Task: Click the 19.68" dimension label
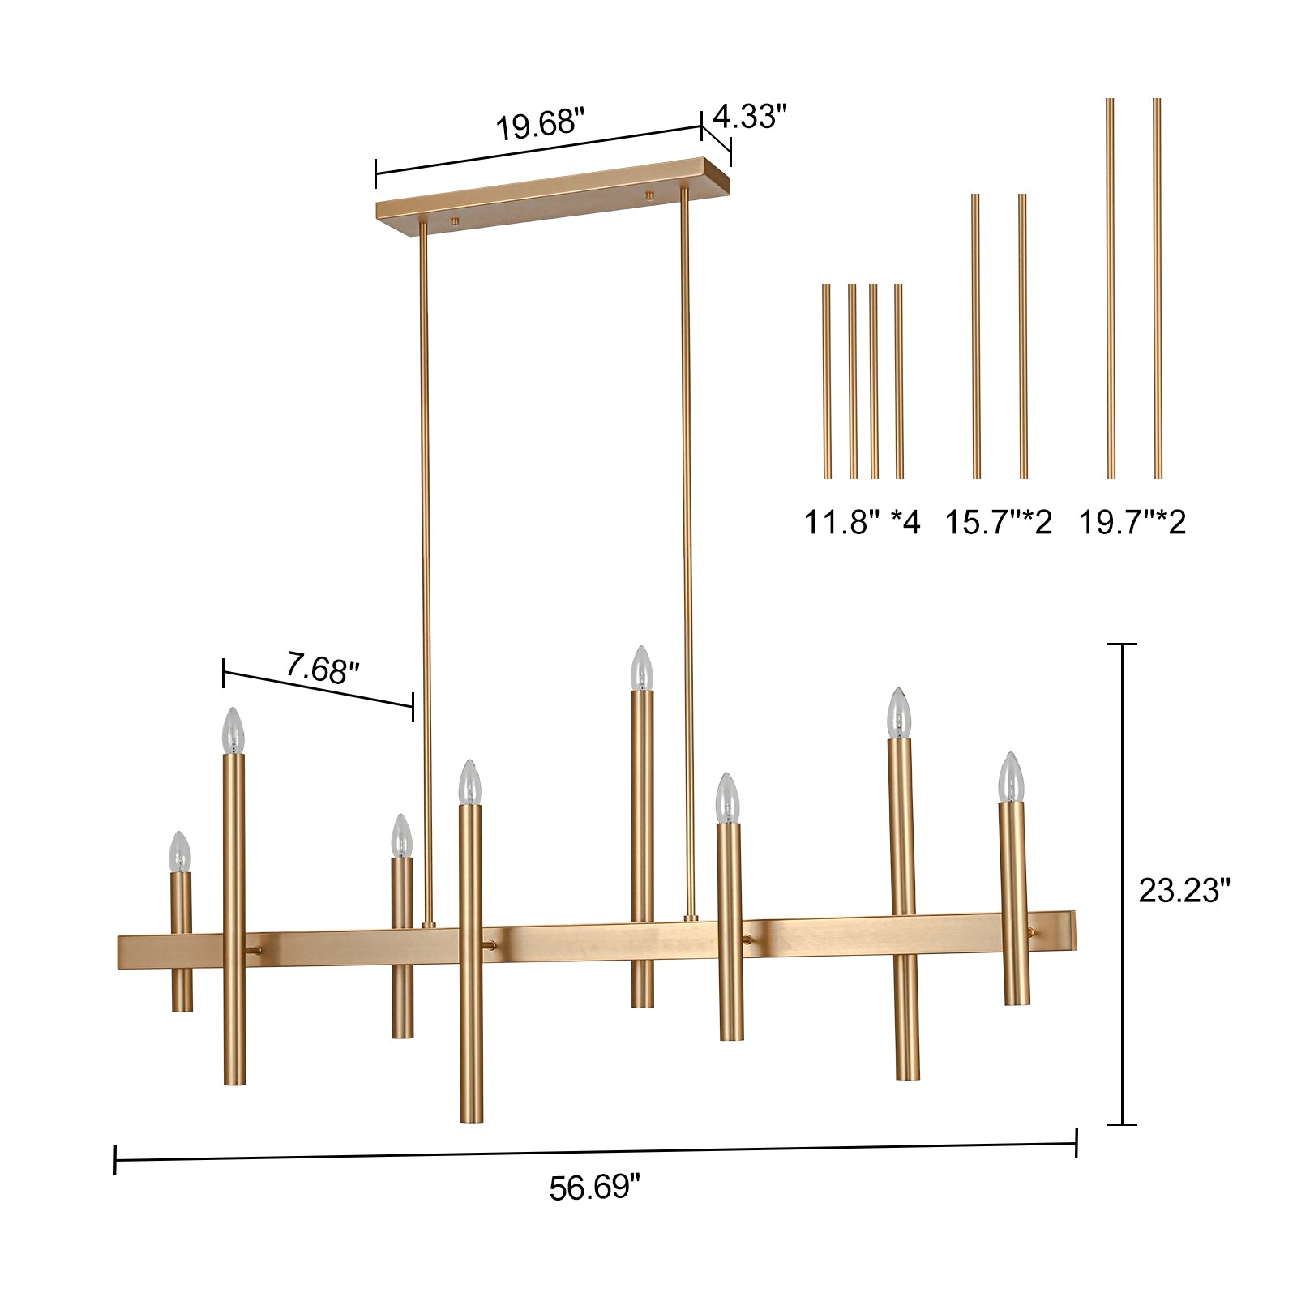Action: click(x=540, y=126)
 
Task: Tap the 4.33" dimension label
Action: click(x=750, y=116)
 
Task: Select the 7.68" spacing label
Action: click(x=322, y=670)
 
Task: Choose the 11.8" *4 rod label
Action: click(x=862, y=522)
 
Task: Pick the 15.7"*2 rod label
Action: click(x=999, y=522)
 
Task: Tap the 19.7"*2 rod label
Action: click(x=1132, y=522)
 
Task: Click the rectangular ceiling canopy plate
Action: click(x=553, y=192)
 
